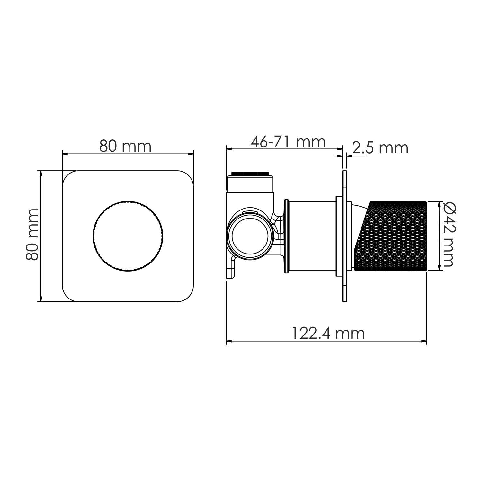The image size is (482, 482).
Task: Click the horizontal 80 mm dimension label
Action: pyautogui.click(x=125, y=146)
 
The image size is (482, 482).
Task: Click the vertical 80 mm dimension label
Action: pyautogui.click(x=32, y=234)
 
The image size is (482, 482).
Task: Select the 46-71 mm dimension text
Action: pyautogui.click(x=288, y=142)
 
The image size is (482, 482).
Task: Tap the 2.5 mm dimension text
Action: pyautogui.click(x=380, y=148)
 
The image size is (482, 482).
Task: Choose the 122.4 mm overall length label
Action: pyautogui.click(x=328, y=333)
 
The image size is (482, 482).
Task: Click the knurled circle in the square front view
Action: pyautogui.click(x=128, y=236)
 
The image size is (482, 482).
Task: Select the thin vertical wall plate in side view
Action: pyautogui.click(x=345, y=236)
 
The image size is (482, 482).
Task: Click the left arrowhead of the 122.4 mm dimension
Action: pyautogui.click(x=229, y=341)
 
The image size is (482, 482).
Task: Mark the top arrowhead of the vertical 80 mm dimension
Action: pyautogui.click(x=40, y=173)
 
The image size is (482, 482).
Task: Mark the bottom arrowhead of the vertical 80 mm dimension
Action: pyautogui.click(x=40, y=299)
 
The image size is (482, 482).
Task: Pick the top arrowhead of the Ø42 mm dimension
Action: pyautogui.click(x=439, y=204)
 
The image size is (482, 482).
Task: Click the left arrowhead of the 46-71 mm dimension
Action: pyautogui.click(x=229, y=149)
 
